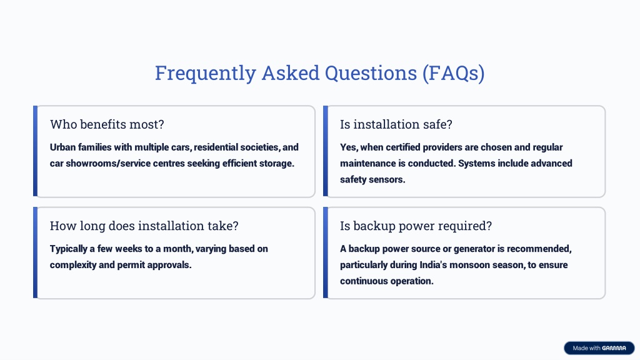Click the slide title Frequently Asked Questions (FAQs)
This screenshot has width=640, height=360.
[x=319, y=74]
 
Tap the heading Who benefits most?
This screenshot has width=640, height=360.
[x=107, y=124]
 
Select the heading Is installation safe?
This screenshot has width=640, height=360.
[x=396, y=124]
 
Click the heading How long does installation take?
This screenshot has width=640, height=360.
[x=144, y=226]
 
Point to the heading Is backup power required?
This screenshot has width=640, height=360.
[x=416, y=226]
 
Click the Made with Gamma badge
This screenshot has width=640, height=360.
[x=599, y=348]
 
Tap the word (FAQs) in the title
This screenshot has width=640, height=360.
[x=454, y=74]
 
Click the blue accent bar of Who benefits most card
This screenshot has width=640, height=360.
[x=35, y=151]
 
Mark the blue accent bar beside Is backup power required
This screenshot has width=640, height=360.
[x=325, y=252]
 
